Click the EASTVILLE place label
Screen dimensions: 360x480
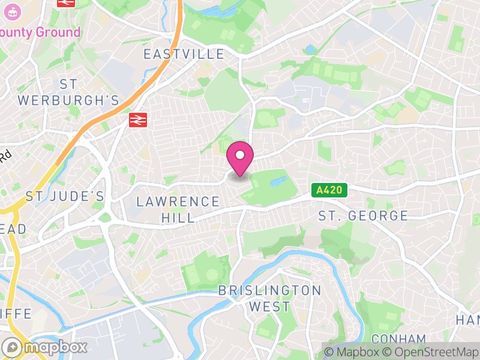pyautogui.click(x=184, y=55)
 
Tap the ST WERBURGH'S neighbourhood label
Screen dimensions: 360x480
pyautogui.click(x=68, y=92)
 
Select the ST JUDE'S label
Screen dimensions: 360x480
pyautogui.click(x=65, y=196)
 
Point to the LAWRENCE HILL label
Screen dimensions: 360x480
pyautogui.click(x=178, y=209)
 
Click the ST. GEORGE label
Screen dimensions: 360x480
pyautogui.click(x=363, y=215)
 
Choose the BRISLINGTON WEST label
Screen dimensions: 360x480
pyautogui.click(x=270, y=298)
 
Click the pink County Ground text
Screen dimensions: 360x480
pyautogui.click(x=41, y=32)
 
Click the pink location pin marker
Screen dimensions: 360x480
pyautogui.click(x=240, y=158)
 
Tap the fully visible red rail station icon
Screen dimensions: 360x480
pyautogui.click(x=138, y=119)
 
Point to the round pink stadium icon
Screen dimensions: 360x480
pyautogui.click(x=11, y=10)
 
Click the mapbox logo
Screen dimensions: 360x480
pyautogui.click(x=45, y=347)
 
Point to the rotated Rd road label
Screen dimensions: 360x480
pyautogui.click(x=5, y=157)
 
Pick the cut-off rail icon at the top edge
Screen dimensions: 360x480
pyautogui.click(x=66, y=2)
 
